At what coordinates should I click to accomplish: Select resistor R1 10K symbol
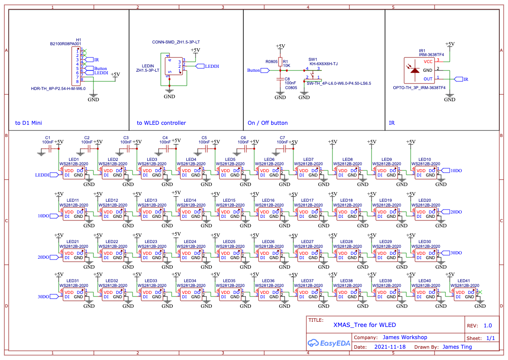tap(280, 62)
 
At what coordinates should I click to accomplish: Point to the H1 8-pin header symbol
tap(76, 66)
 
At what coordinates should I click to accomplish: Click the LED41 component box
tap(465, 295)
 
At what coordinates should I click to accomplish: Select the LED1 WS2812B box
tap(74, 173)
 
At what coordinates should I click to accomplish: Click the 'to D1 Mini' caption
tap(29, 123)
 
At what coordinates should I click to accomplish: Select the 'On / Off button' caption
tap(267, 123)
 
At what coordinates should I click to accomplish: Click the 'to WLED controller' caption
tap(161, 123)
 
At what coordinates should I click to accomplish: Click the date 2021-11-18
tap(390, 347)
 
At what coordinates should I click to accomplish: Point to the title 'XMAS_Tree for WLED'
tap(365, 325)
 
